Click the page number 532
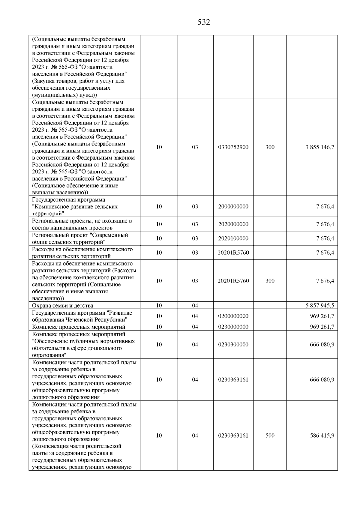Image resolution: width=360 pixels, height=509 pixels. tap(204, 22)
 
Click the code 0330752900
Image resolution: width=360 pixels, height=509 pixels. tap(233, 147)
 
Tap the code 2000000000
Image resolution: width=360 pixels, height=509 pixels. tap(233, 207)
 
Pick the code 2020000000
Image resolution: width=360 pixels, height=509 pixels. tap(233, 224)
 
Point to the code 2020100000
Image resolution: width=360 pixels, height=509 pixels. tap(233, 238)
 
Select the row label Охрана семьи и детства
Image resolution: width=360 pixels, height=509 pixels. tap(63, 306)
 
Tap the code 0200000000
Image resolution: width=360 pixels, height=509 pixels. tap(233, 316)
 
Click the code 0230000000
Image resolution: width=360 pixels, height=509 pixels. tap(233, 327)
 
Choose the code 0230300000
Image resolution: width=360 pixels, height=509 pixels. tap(233, 345)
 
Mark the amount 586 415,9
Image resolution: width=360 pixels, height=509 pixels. tap(322, 436)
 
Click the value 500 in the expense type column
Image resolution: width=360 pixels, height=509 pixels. tap(270, 436)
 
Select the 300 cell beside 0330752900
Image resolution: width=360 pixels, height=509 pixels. tap(270, 147)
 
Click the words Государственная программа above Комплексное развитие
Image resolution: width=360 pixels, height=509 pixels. tap(69, 200)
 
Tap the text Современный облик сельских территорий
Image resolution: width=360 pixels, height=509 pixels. tap(80, 238)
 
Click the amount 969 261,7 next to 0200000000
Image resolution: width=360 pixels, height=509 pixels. tap(322, 316)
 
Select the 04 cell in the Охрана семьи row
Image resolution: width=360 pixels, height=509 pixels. tap(195, 306)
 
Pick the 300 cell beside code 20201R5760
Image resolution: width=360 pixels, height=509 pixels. tap(270, 281)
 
